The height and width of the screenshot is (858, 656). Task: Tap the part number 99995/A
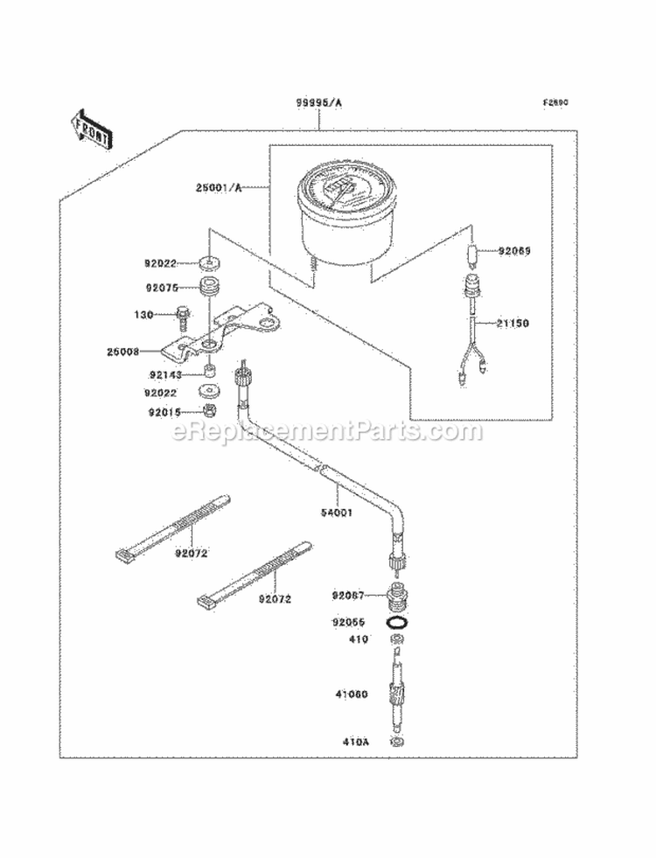coord(318,102)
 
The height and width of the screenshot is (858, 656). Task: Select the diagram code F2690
coord(555,102)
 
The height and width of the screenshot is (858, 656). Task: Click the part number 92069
coord(515,251)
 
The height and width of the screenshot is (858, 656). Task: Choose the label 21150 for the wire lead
coord(513,323)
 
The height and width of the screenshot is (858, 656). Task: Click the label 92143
coord(162,373)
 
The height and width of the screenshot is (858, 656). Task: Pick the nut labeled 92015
coord(210,410)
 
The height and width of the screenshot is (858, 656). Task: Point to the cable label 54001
coord(335,513)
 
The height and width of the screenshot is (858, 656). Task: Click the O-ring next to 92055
coord(396,623)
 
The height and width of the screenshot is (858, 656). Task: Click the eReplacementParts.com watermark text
coord(328,430)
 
